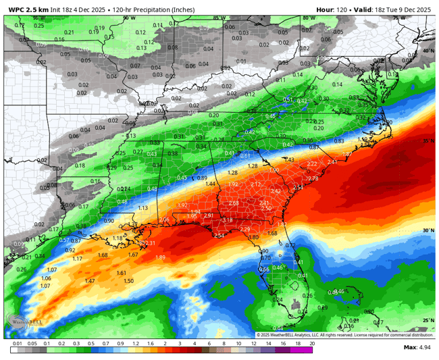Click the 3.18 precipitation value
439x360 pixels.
227,220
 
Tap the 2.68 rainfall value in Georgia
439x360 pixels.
233,203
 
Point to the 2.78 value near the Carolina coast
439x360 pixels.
312,178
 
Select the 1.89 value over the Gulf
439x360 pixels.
160,257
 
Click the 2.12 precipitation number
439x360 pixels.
255,184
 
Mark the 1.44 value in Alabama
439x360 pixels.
210,184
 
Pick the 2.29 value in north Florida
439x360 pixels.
245,229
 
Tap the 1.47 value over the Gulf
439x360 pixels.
89,281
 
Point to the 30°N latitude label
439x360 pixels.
428,230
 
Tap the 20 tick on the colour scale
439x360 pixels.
311,344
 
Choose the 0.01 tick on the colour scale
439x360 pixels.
16,344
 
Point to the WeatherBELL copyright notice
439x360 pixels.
344,335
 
